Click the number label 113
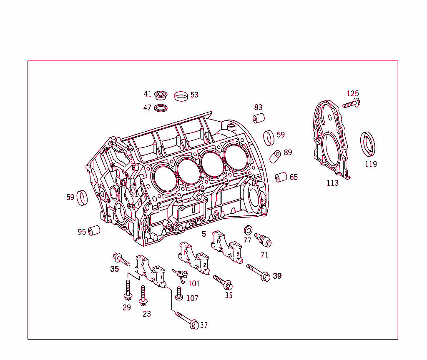[332, 183]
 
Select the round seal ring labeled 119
[368, 143]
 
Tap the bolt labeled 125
[351, 104]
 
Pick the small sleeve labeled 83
[259, 118]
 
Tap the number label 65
[294, 177]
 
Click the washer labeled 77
[248, 230]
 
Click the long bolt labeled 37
[187, 320]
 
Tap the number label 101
[194, 284]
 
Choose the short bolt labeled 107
[179, 293]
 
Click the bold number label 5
[204, 234]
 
